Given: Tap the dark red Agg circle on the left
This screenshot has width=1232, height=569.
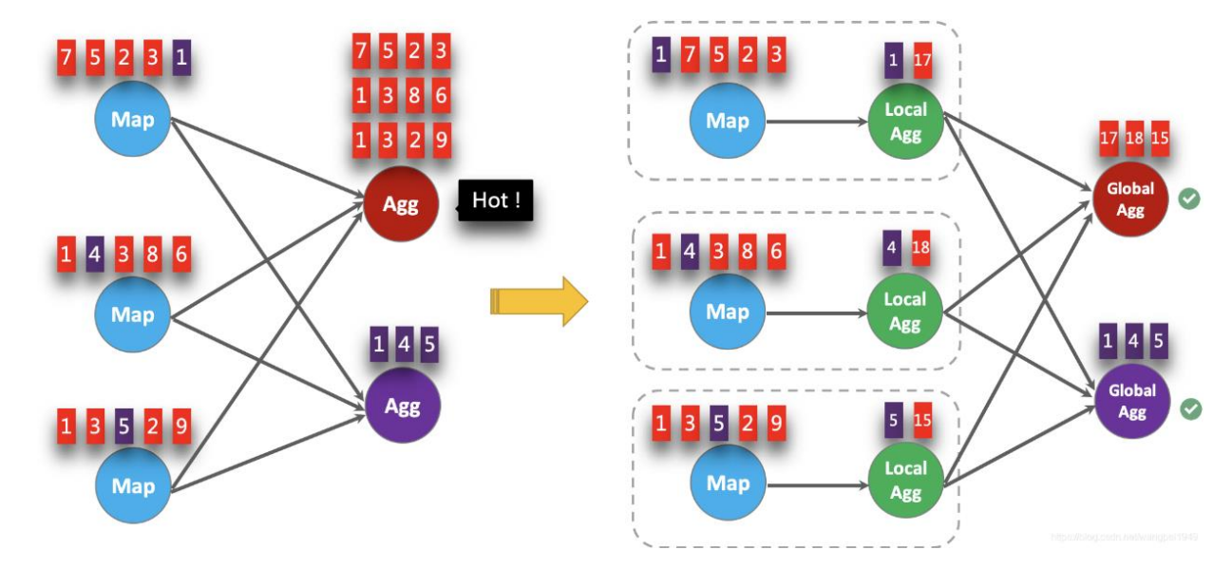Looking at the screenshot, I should point(402,203).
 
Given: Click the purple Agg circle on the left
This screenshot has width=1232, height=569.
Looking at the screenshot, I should point(403,406).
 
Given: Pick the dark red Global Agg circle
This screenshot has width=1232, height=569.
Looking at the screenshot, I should point(1130,199).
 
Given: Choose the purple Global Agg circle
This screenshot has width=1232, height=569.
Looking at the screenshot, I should point(1131,401).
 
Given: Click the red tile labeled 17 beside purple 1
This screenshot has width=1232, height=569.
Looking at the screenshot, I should point(921,60).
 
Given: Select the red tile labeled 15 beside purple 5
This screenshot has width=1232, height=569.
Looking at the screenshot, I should point(921,419).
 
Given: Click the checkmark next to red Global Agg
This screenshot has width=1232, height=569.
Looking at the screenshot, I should point(1188,199).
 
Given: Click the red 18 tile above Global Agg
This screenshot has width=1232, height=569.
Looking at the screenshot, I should point(1133,138).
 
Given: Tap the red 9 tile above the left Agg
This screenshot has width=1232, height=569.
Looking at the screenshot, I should point(441,140).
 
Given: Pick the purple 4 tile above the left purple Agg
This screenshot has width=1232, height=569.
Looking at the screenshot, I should point(404,345).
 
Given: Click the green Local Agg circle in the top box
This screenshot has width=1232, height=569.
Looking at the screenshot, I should point(905,121).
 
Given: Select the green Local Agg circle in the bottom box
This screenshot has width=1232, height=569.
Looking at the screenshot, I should point(905,481).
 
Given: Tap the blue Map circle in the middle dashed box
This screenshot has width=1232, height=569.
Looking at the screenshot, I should point(728,312).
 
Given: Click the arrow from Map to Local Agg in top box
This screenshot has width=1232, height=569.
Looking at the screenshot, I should point(817,122).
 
